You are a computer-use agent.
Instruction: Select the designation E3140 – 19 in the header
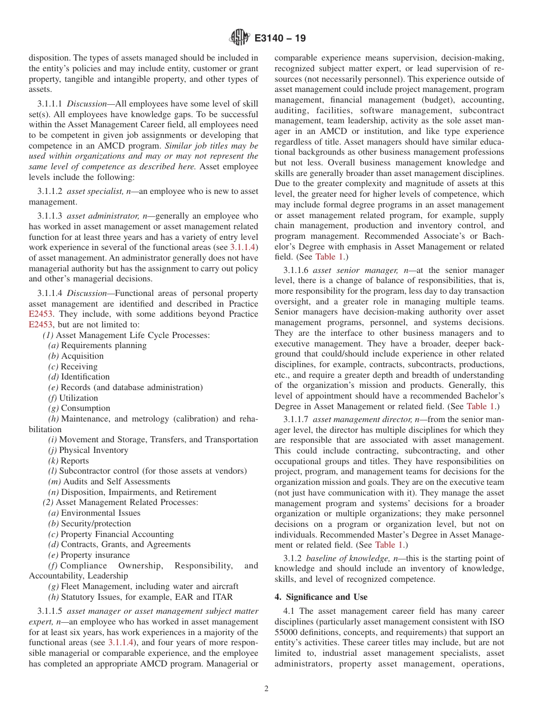click(280, 39)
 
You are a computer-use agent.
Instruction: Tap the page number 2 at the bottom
click(266, 689)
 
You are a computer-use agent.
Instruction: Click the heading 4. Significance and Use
click(321, 597)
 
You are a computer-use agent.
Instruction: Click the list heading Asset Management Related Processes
click(126, 502)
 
